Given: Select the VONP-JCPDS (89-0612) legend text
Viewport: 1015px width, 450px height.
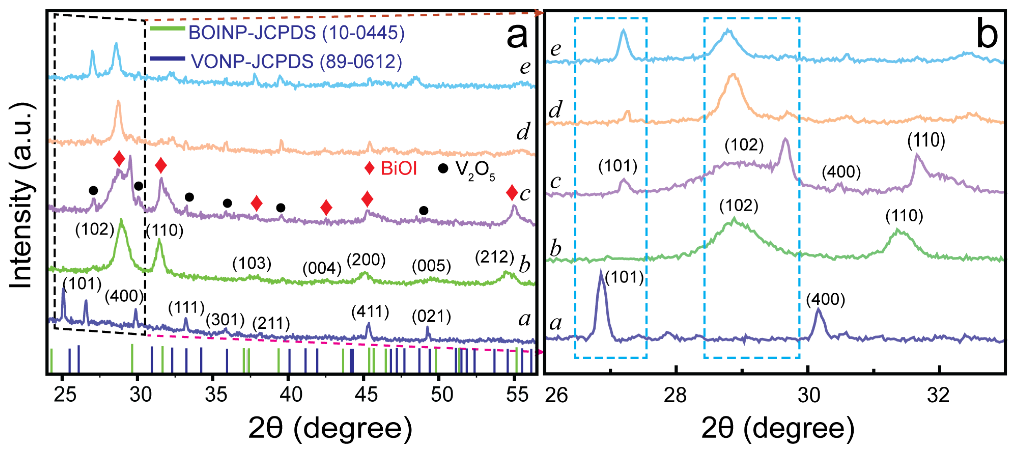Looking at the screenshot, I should [x=296, y=62].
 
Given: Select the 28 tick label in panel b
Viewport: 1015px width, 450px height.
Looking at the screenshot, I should [x=675, y=395].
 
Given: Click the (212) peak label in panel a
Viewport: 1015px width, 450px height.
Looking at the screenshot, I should [x=494, y=258].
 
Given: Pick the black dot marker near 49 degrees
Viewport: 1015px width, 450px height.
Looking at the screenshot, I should [x=424, y=211].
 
